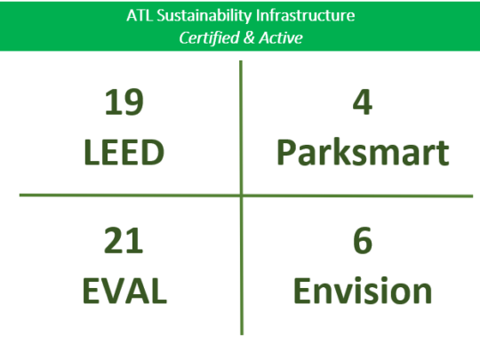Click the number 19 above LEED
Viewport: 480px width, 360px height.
[x=124, y=102]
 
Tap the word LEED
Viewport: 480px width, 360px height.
[x=124, y=153]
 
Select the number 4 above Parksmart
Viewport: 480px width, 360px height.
[x=363, y=102]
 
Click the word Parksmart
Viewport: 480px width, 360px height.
[x=363, y=153]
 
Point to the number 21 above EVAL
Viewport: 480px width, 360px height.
[x=124, y=241]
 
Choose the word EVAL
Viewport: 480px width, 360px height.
[x=124, y=291]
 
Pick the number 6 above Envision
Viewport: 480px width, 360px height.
[x=363, y=241]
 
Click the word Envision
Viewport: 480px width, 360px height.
[x=363, y=291]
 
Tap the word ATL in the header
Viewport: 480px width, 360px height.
[x=140, y=16]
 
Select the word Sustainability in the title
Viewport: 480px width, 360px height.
[x=204, y=16]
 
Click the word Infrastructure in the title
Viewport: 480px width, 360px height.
[x=305, y=16]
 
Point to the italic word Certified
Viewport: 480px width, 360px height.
[x=210, y=38]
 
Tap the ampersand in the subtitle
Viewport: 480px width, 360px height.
[x=250, y=38]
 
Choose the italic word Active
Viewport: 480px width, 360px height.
[x=281, y=38]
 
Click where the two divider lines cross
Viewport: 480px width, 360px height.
[x=242, y=195]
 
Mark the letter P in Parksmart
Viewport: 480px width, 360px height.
[x=286, y=153]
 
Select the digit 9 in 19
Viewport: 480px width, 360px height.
[x=133, y=102]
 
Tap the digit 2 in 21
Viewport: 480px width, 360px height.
[x=114, y=241]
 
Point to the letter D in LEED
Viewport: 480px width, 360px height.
[x=154, y=153]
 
